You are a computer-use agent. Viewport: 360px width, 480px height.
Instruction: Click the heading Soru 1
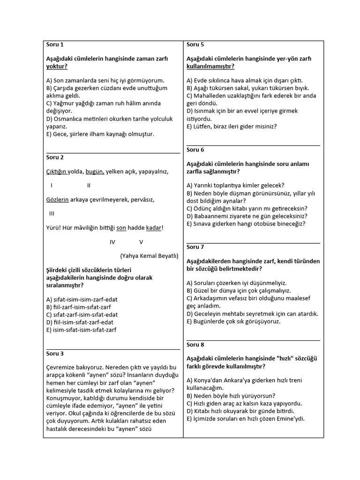(55, 45)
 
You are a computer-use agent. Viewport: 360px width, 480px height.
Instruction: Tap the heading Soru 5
(195, 45)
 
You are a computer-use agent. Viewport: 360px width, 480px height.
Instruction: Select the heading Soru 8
(195, 345)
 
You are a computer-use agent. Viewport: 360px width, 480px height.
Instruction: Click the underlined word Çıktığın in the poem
(56, 172)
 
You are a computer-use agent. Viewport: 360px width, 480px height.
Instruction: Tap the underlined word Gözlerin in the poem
(57, 200)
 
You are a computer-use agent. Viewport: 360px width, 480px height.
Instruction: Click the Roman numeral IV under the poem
(112, 242)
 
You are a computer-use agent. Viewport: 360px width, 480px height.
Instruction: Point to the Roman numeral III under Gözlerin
(52, 214)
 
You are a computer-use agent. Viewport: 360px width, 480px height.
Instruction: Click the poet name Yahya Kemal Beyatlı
(149, 256)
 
